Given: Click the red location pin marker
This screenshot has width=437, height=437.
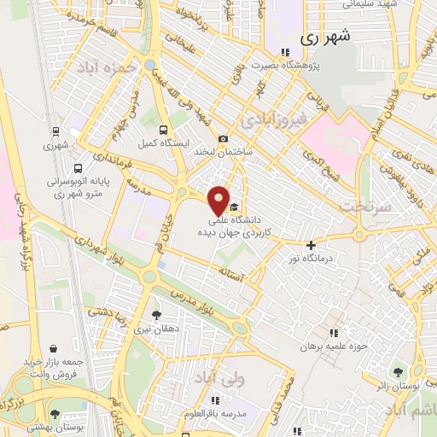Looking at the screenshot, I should tap(219, 201).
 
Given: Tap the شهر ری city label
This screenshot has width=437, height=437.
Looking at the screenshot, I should tap(327, 38).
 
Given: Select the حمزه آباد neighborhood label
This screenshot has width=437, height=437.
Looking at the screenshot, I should tap(128, 69).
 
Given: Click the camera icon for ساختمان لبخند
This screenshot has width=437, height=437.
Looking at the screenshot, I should tap(223, 139).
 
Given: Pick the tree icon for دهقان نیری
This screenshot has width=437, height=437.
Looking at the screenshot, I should tap(155, 314).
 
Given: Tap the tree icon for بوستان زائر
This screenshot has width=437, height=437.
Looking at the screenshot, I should tap(398, 371).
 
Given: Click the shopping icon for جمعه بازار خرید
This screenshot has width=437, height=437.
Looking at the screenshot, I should tap(55, 348).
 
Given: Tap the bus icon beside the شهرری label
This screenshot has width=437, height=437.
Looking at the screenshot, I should tap(56, 132).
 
